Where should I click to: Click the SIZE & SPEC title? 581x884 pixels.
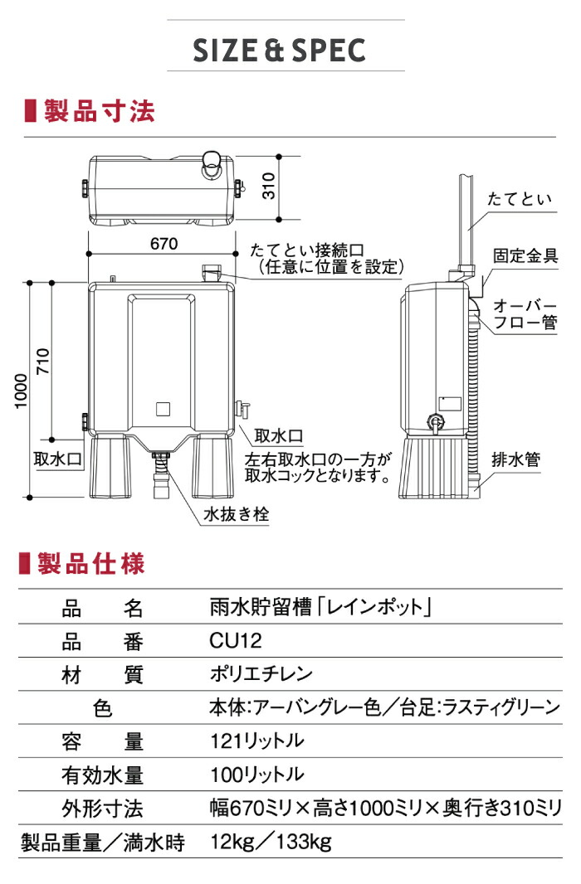(279, 51)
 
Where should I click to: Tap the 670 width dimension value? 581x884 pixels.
(164, 244)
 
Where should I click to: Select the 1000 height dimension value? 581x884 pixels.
(20, 390)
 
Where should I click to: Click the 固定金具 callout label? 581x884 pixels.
(525, 255)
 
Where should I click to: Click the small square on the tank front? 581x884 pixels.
(163, 408)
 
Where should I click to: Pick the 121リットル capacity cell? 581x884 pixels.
(256, 741)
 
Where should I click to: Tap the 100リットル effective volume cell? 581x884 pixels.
(256, 775)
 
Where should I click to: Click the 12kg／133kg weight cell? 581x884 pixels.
(270, 843)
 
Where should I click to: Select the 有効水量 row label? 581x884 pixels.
(102, 775)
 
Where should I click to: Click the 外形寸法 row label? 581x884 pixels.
(102, 809)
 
